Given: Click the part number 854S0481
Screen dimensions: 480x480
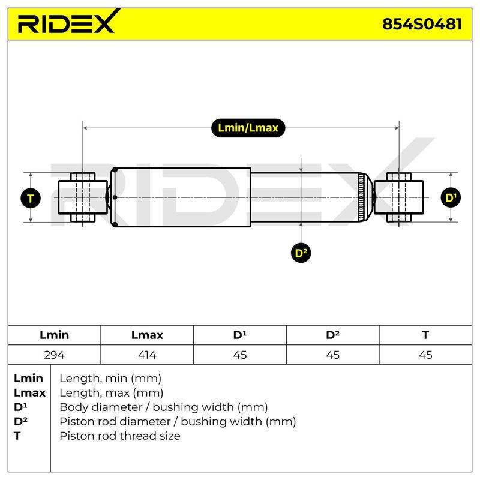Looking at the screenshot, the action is (x=422, y=24).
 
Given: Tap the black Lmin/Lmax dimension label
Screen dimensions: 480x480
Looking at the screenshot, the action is (x=248, y=128).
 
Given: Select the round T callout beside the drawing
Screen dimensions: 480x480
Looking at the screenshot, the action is (x=31, y=199).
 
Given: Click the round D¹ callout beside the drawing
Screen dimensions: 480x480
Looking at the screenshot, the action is (x=451, y=198).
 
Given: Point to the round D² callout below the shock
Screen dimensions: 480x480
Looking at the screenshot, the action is (x=301, y=253).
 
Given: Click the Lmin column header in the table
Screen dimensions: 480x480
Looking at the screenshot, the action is (x=54, y=335).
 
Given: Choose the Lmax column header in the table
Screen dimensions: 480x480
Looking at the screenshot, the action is (x=147, y=335).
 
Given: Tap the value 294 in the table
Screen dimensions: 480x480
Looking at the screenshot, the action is (x=54, y=355).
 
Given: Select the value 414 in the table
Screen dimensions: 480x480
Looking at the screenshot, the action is (x=147, y=355).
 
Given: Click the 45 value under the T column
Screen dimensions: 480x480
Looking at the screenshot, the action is (x=425, y=355).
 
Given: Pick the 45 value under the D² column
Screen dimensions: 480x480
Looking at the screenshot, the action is (x=332, y=355).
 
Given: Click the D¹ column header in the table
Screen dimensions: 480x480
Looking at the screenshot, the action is (x=239, y=335).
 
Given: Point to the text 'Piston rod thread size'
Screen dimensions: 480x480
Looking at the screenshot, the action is (x=119, y=436).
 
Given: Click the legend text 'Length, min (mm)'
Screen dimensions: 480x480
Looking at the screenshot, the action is (x=110, y=379).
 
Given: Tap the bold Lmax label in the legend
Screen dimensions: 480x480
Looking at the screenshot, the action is (x=29, y=393).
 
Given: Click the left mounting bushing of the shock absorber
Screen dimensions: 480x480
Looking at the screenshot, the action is (x=83, y=197).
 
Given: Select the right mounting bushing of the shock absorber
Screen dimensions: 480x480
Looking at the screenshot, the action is (x=398, y=197).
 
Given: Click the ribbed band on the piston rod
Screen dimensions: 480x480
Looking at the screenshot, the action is (x=362, y=197).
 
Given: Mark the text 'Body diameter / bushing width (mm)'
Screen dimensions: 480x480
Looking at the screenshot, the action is (x=164, y=407).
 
